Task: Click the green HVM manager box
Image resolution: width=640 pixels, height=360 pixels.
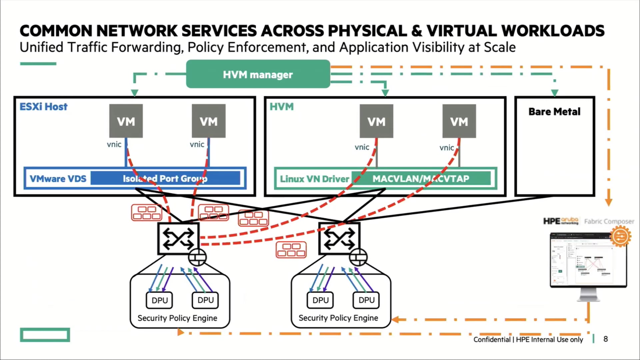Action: click(x=258, y=74)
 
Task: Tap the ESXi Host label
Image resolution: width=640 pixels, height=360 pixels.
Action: click(x=43, y=107)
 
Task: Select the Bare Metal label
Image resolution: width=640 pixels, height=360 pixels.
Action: click(x=554, y=112)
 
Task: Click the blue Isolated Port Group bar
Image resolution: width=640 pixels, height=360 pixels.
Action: click(x=165, y=178)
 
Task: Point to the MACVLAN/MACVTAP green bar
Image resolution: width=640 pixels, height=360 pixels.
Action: click(x=421, y=178)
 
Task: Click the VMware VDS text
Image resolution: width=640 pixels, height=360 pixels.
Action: click(x=58, y=179)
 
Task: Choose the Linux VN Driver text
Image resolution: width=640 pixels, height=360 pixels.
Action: click(x=314, y=179)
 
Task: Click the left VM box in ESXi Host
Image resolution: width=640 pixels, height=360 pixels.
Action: click(x=126, y=121)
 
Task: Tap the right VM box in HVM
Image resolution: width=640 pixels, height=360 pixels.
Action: click(x=459, y=121)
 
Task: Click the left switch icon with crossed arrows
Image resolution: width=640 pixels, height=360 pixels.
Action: click(x=178, y=239)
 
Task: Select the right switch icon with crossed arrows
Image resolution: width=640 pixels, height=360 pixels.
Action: click(x=339, y=239)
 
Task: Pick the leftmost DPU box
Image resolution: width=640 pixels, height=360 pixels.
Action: click(x=160, y=300)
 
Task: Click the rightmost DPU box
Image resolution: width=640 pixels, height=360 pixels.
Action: click(x=366, y=300)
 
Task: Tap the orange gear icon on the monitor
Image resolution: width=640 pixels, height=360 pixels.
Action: click(x=620, y=236)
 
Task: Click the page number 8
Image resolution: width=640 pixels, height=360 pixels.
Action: click(x=605, y=339)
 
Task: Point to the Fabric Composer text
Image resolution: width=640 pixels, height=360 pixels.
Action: click(x=609, y=221)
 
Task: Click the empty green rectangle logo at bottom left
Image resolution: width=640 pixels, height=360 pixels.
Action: click(x=45, y=335)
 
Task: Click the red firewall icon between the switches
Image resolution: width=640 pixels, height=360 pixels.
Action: click(x=291, y=250)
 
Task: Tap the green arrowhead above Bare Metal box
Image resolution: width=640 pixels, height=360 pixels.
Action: click(x=555, y=93)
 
